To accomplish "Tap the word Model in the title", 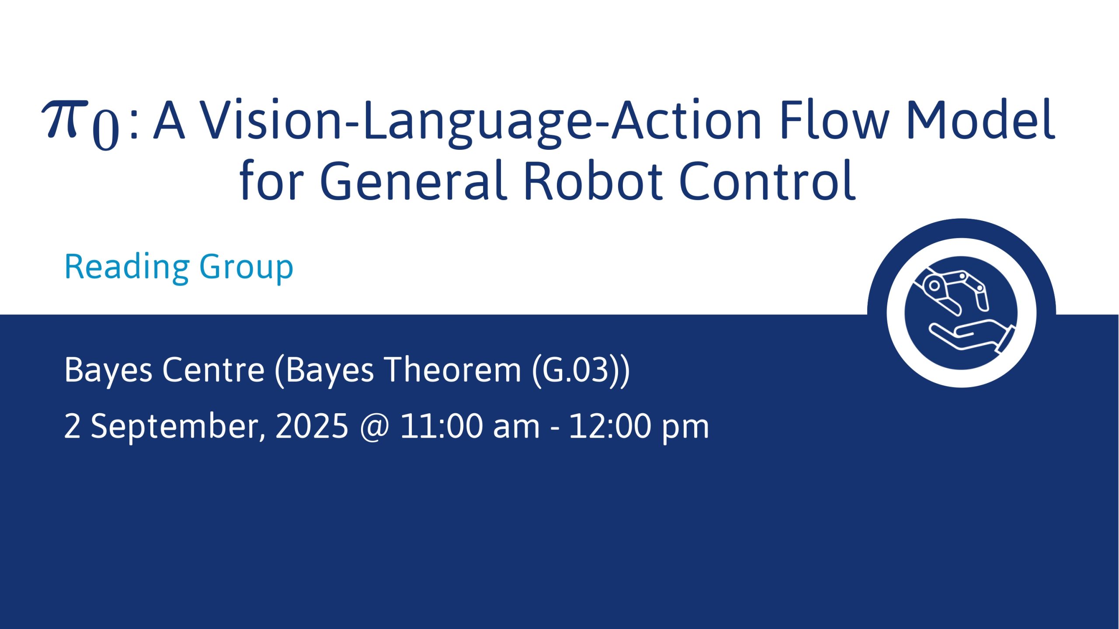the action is point(981,119).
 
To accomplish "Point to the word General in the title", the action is point(414,180).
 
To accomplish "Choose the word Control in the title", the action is point(768,180).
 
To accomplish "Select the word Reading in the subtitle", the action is point(127,268).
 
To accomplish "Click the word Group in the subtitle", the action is point(247,268).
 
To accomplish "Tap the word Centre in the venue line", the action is point(214,370).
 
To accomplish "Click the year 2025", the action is point(312,426).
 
